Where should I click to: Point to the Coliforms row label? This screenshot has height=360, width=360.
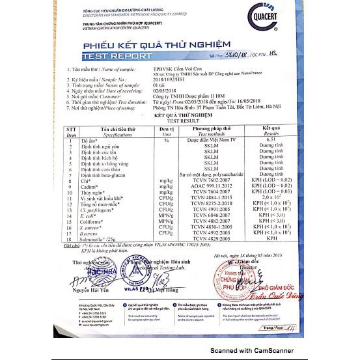pyautogui.click(x=93, y=221)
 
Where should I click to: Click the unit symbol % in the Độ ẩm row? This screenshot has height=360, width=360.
pyautogui.click(x=166, y=140)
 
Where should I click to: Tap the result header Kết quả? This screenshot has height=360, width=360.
pyautogui.click(x=271, y=129)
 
